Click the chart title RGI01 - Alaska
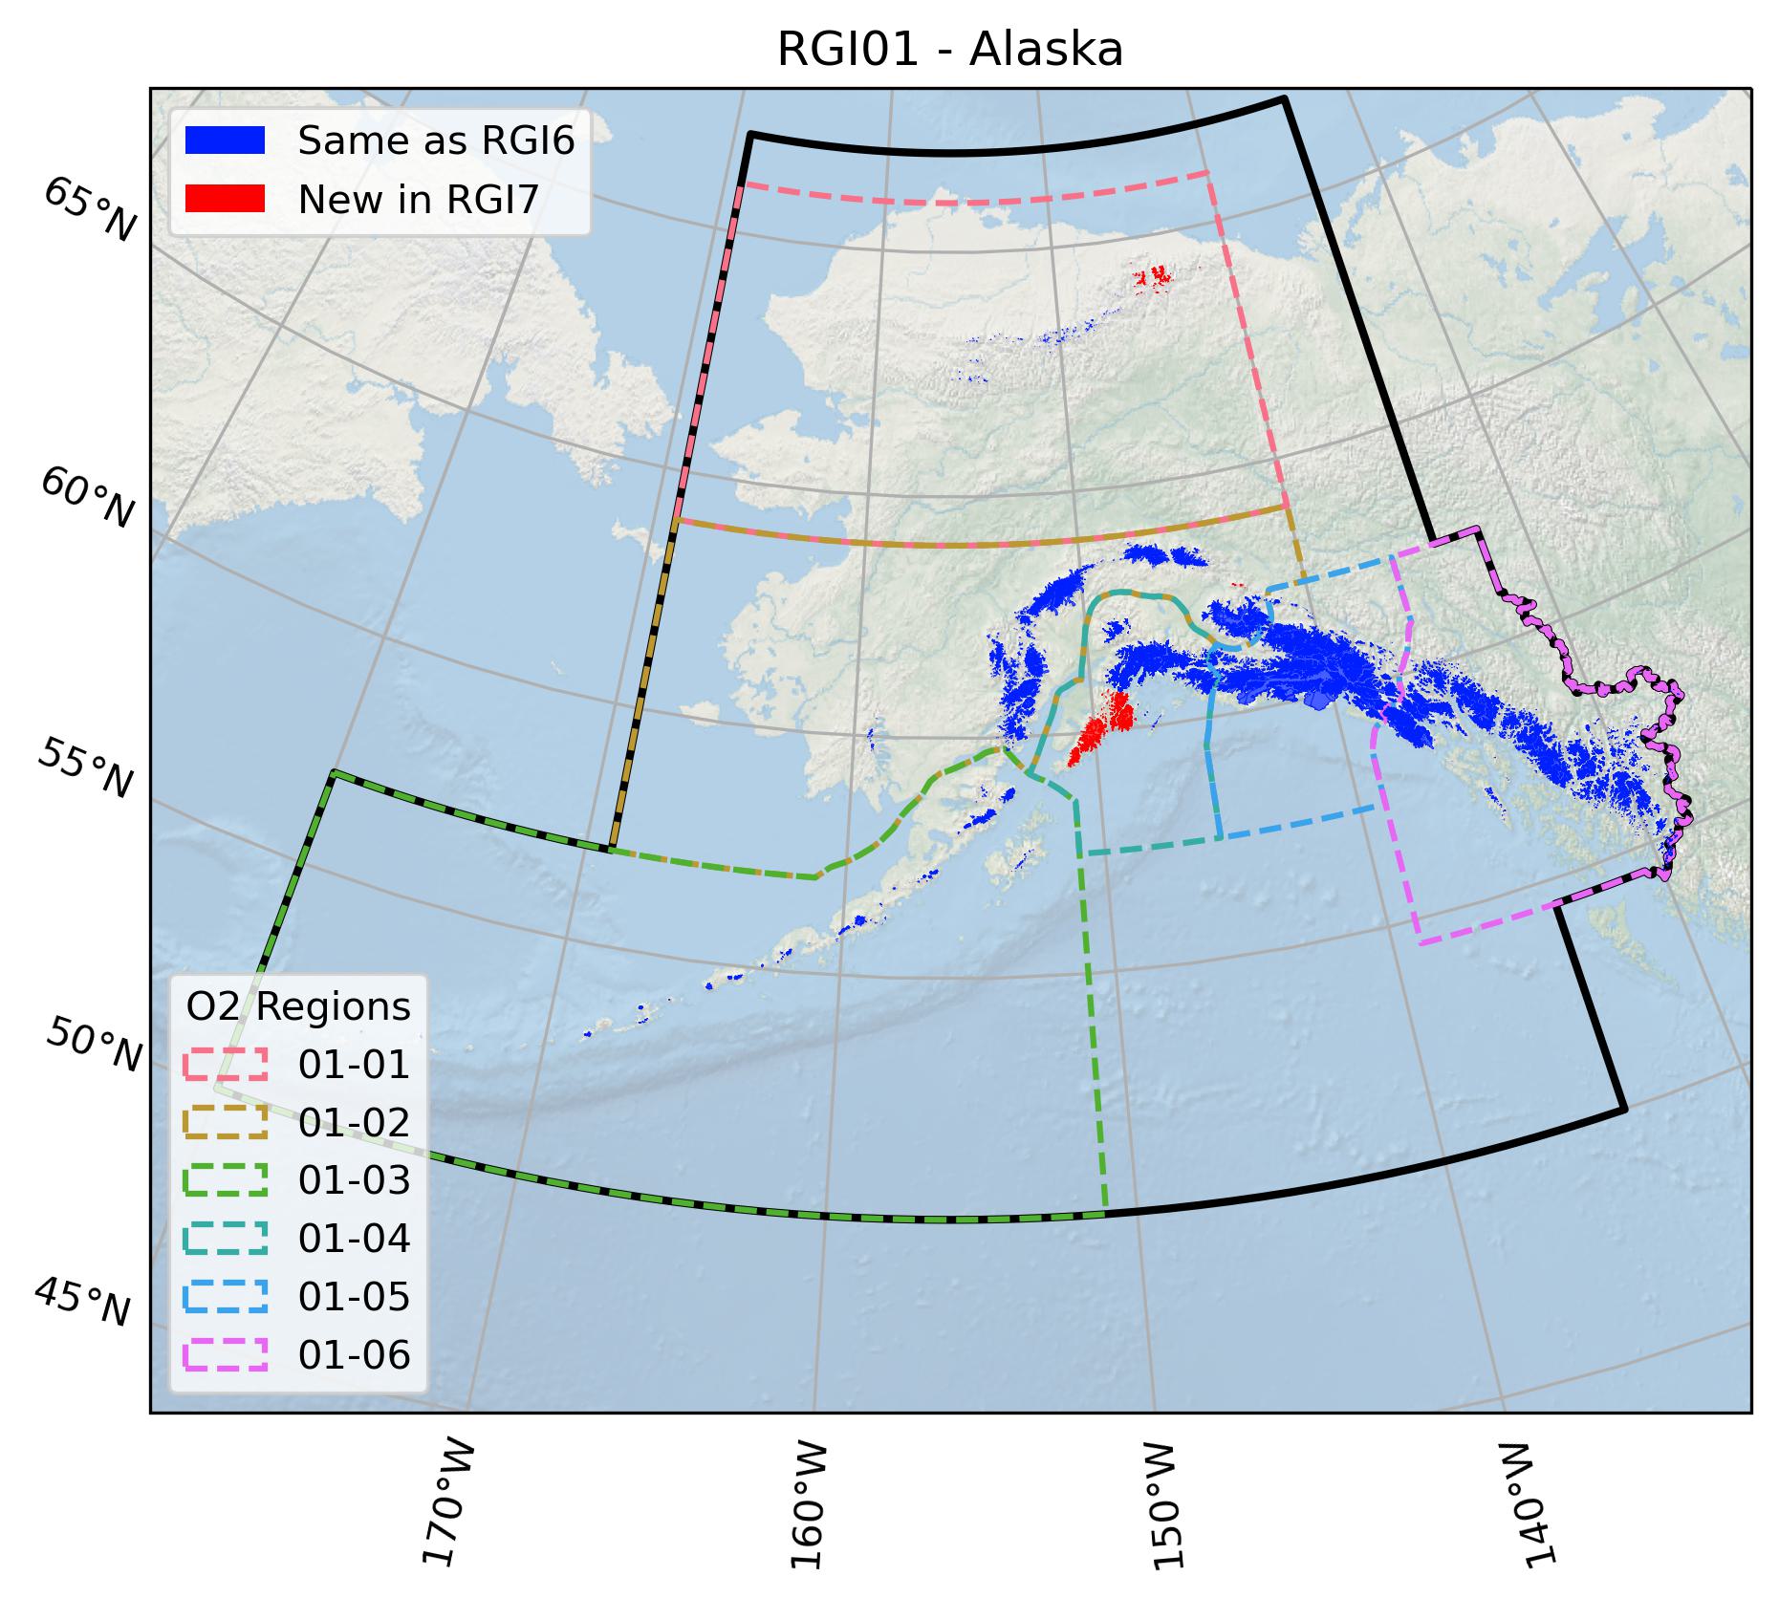949,51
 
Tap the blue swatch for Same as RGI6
225,140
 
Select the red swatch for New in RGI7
225,199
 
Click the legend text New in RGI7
419,200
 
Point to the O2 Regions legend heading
298,1007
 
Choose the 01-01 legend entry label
354,1065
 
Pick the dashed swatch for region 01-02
225,1122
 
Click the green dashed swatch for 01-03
225,1180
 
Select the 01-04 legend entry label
354,1239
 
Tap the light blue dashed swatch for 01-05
225,1297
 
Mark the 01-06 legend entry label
354,1355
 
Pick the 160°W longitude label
809,1509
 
